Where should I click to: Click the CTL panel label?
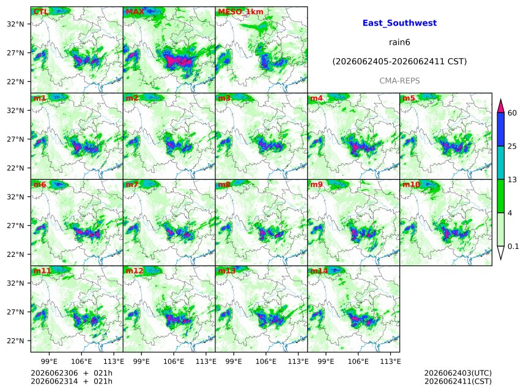click(x=41, y=12)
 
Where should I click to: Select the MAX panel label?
click(x=135, y=12)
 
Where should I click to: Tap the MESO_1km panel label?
click(x=241, y=12)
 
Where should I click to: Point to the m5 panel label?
click(x=409, y=98)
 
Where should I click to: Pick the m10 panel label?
click(x=411, y=185)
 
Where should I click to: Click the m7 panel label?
click(x=132, y=185)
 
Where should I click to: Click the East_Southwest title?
click(x=399, y=23)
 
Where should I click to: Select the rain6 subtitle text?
click(x=399, y=42)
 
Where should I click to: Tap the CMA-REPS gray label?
click(x=399, y=81)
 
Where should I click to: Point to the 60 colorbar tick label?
click(x=512, y=113)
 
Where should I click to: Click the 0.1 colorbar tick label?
click(x=513, y=246)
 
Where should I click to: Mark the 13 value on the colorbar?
click(x=512, y=180)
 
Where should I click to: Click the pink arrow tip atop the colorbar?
click(x=500, y=99)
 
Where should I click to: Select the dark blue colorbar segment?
click(x=500, y=129)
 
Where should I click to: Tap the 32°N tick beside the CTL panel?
click(x=16, y=24)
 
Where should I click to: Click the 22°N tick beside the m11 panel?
click(x=16, y=341)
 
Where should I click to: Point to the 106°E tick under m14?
click(x=358, y=361)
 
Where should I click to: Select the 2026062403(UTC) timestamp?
click(x=458, y=373)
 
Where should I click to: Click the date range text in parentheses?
click(x=399, y=61)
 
